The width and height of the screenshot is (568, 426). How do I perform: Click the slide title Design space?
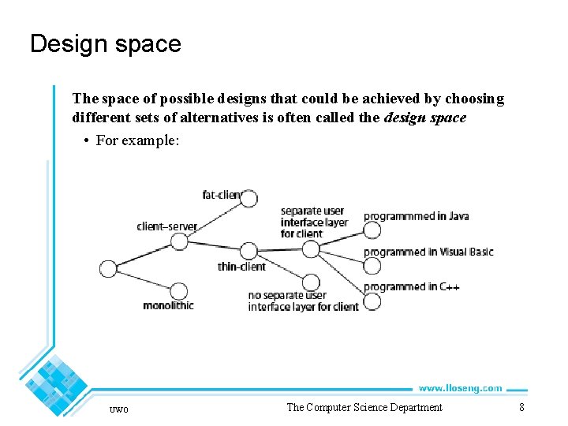pyautogui.click(x=105, y=43)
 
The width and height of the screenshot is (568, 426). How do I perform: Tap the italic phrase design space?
pyautogui.click(x=425, y=118)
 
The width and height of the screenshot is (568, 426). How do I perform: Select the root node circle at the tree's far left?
pyautogui.click(x=108, y=269)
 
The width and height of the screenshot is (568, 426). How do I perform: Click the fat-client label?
pyautogui.click(x=221, y=195)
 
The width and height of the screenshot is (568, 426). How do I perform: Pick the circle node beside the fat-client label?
pyautogui.click(x=248, y=198)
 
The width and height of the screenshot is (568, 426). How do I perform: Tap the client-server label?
pyautogui.click(x=166, y=226)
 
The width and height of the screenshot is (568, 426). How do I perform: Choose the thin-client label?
pyautogui.click(x=241, y=267)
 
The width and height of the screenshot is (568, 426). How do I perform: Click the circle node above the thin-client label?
pyautogui.click(x=248, y=251)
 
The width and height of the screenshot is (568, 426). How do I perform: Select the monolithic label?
pyautogui.click(x=168, y=305)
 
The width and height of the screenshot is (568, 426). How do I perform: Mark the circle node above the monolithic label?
pyautogui.click(x=178, y=291)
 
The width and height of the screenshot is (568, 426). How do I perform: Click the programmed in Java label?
pyautogui.click(x=416, y=216)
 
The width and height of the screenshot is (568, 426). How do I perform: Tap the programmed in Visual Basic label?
pyautogui.click(x=428, y=252)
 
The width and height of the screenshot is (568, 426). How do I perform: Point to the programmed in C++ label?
pyautogui.click(x=411, y=287)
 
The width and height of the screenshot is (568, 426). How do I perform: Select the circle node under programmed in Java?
pyautogui.click(x=372, y=230)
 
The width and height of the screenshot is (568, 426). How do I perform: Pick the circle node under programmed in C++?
pyautogui.click(x=372, y=301)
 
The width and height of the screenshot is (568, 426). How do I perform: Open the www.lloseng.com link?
pyautogui.click(x=460, y=388)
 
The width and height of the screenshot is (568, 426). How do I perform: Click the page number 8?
pyautogui.click(x=521, y=407)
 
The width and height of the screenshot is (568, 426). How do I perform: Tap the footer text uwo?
pyautogui.click(x=119, y=409)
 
